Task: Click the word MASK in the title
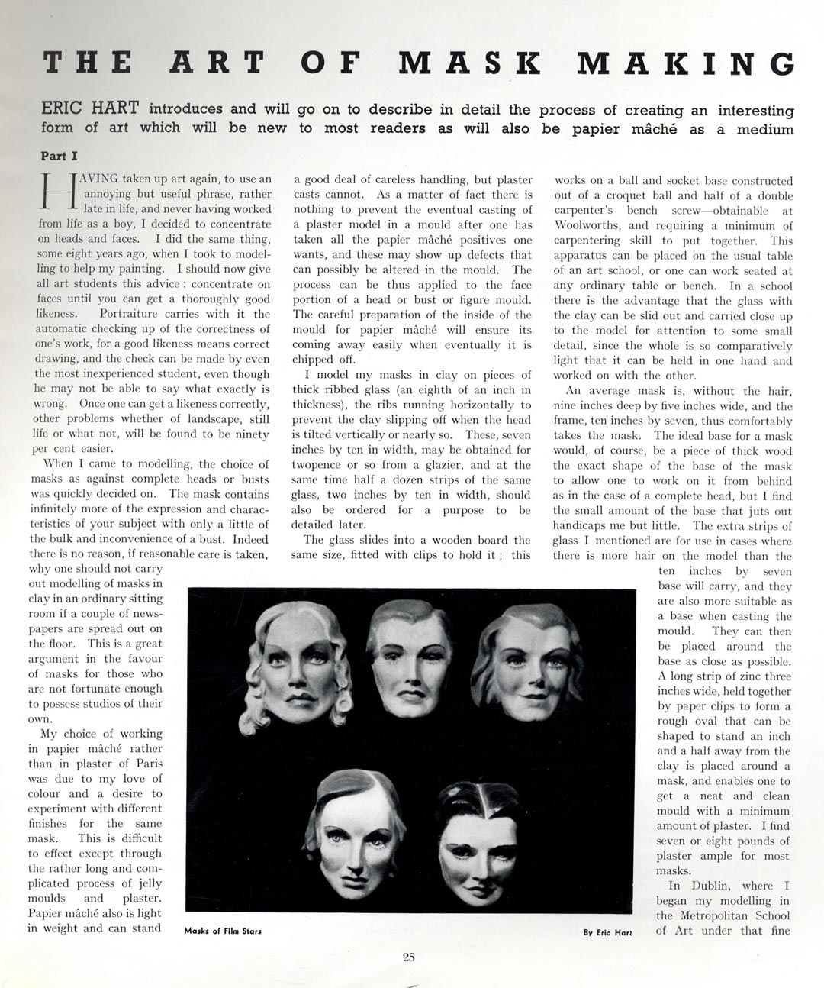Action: (468, 63)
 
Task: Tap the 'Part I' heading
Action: (59, 156)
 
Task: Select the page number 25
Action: (409, 957)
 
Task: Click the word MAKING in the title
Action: (686, 63)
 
